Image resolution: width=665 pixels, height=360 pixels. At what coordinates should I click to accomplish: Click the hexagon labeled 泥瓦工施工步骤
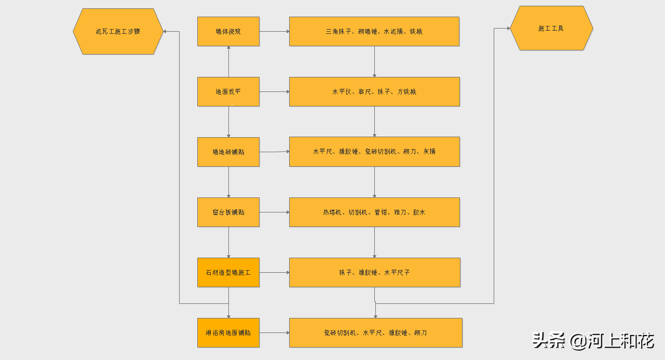[x=118, y=31]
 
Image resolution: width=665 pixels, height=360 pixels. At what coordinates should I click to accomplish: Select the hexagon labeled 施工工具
[x=551, y=28]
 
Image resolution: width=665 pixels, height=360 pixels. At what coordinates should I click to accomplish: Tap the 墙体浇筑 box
[x=228, y=31]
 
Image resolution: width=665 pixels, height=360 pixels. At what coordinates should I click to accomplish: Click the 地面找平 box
[x=228, y=92]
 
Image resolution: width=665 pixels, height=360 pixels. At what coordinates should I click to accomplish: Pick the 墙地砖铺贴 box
[x=228, y=152]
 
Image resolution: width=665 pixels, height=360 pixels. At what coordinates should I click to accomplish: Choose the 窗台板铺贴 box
[x=228, y=212]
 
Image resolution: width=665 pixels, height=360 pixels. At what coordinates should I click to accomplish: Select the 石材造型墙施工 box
[x=228, y=272]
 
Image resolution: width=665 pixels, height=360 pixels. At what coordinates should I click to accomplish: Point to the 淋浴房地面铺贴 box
[x=228, y=332]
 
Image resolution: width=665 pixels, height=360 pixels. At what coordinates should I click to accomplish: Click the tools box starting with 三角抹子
[x=374, y=31]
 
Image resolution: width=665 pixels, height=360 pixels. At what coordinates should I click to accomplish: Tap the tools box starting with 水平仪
[x=374, y=92]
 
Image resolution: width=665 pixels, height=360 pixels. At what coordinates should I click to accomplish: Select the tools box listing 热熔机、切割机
[x=374, y=212]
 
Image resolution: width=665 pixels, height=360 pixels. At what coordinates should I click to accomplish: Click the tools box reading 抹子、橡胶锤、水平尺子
[x=374, y=272]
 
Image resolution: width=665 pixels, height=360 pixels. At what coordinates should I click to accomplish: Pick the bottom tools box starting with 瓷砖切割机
[x=375, y=332]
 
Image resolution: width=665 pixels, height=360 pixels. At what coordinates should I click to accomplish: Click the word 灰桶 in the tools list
[x=429, y=152]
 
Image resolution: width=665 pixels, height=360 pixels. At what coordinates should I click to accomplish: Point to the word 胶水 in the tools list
[x=419, y=212]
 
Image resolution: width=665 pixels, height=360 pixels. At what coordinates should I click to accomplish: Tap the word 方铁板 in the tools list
[x=406, y=92]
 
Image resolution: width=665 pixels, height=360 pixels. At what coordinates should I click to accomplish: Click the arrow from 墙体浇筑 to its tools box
[x=274, y=31]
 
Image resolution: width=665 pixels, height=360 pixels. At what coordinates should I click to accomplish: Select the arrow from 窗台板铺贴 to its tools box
[x=274, y=212]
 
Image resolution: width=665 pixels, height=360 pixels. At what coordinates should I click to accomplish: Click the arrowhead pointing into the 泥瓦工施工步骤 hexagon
[x=165, y=31]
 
